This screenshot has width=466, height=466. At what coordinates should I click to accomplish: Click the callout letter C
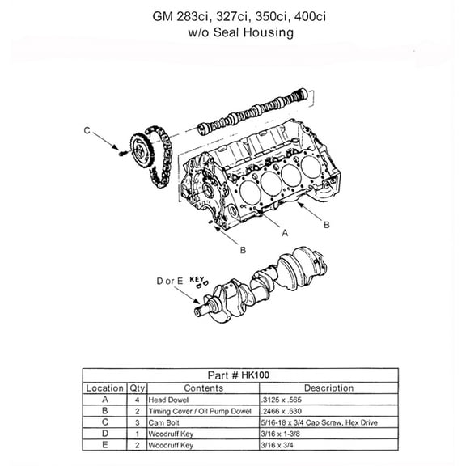[87, 130]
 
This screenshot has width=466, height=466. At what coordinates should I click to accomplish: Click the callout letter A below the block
[284, 231]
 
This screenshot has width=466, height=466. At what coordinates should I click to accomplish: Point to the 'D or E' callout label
[170, 281]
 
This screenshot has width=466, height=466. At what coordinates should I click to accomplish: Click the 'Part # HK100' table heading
[239, 375]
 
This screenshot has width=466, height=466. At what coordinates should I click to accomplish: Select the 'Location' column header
[105, 388]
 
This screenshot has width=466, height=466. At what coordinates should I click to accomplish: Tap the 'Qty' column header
[137, 388]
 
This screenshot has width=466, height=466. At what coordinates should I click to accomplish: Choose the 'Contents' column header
[202, 388]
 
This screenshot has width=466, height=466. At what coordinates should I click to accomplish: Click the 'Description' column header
[328, 388]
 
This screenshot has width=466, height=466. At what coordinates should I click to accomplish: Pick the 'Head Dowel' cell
[168, 399]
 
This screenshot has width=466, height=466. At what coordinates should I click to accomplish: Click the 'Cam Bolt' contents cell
[165, 422]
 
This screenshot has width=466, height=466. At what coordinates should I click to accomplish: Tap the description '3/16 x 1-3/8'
[279, 433]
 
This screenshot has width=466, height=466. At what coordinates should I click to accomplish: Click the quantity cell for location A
[137, 399]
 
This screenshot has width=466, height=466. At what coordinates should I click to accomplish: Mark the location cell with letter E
[105, 444]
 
